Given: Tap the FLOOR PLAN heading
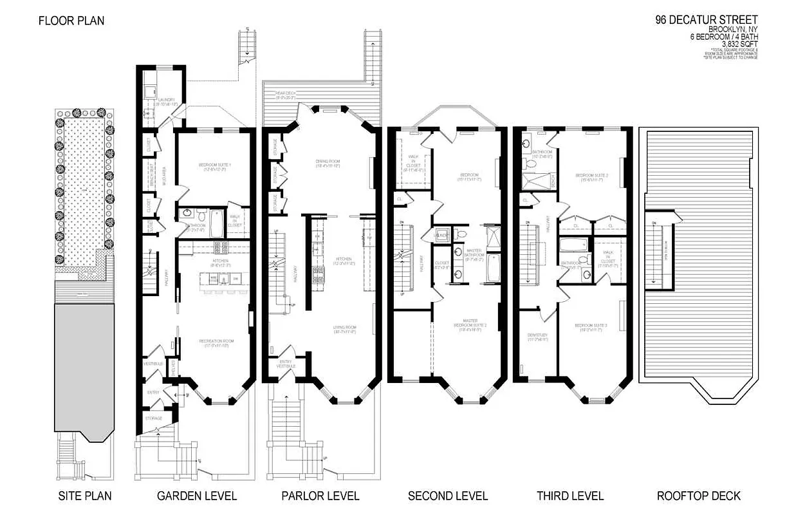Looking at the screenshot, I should [x=71, y=21].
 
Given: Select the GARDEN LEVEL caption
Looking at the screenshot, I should [x=197, y=496].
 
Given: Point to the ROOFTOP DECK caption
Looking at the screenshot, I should [x=698, y=496].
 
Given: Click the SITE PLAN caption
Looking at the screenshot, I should [x=85, y=496].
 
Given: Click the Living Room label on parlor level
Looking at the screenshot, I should [x=344, y=329].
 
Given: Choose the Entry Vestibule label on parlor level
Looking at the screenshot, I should [x=286, y=364].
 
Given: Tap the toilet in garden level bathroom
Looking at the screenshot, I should [x=200, y=214].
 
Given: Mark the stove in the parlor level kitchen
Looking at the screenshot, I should [x=317, y=274].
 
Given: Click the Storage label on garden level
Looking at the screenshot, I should [x=153, y=418].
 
